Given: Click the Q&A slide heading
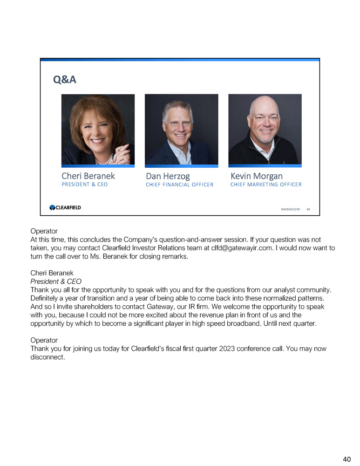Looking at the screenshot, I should coord(65,80).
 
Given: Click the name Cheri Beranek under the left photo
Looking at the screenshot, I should coord(88,176).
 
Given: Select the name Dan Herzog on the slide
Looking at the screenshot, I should coord(168,176).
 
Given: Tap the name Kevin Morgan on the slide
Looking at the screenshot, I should coord(256,176).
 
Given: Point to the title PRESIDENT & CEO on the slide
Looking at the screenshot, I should coord(84,185).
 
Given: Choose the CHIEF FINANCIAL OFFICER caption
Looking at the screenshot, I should coord(179,185).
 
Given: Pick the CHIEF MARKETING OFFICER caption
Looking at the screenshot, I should coord(265,185).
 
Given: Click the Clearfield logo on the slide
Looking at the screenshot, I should coord(65,207).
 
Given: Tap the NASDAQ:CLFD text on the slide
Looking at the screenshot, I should coord(290,210).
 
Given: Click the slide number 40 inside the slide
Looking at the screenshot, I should coord(308,210).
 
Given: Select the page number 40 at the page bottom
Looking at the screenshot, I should coord(346,459).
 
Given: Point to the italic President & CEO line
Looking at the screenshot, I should coord(56,281).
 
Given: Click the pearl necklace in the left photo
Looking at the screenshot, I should coord(103,160).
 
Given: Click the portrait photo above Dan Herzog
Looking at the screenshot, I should coord(181,129).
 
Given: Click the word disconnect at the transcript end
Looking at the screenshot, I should coord(46,358).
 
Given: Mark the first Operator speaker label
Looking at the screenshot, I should coord(44,231).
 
